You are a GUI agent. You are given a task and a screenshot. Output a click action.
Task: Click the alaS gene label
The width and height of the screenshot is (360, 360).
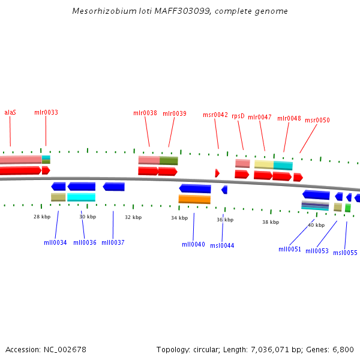point(10,112)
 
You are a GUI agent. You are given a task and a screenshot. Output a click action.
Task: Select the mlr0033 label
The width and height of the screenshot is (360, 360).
point(46,112)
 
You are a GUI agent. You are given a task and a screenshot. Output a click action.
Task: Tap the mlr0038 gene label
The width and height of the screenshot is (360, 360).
point(145,113)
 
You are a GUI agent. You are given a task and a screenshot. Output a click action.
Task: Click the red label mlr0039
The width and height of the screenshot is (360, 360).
point(175,113)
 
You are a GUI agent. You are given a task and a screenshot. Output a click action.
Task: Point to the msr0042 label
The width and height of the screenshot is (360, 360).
point(215,115)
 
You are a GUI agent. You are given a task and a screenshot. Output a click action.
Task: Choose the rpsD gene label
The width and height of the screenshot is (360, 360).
point(238,116)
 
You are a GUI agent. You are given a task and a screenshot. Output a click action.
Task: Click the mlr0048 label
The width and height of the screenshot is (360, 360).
point(289,118)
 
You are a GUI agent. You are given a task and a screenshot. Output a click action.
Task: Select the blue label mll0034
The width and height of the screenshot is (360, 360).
point(55,242)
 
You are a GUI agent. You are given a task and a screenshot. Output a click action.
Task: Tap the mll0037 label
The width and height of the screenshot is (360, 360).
point(113,242)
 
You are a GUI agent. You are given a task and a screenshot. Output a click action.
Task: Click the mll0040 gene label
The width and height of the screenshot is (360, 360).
point(193,244)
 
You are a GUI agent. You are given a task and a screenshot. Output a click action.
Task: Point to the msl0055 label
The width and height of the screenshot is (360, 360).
point(345,253)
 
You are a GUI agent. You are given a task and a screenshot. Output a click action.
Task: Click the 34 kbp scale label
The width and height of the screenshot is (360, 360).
point(179,218)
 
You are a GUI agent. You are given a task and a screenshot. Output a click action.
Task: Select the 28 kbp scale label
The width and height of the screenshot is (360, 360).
point(42,217)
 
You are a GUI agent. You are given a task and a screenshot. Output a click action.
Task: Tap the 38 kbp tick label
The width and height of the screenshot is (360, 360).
point(271,222)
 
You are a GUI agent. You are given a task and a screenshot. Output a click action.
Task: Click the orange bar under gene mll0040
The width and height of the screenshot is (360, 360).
point(194,199)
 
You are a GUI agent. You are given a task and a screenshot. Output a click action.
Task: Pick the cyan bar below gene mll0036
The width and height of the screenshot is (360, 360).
point(81,197)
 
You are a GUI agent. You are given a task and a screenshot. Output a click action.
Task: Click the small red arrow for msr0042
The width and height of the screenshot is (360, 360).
point(217,173)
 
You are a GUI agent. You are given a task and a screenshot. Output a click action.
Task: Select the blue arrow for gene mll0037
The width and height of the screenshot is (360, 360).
point(113,187)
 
